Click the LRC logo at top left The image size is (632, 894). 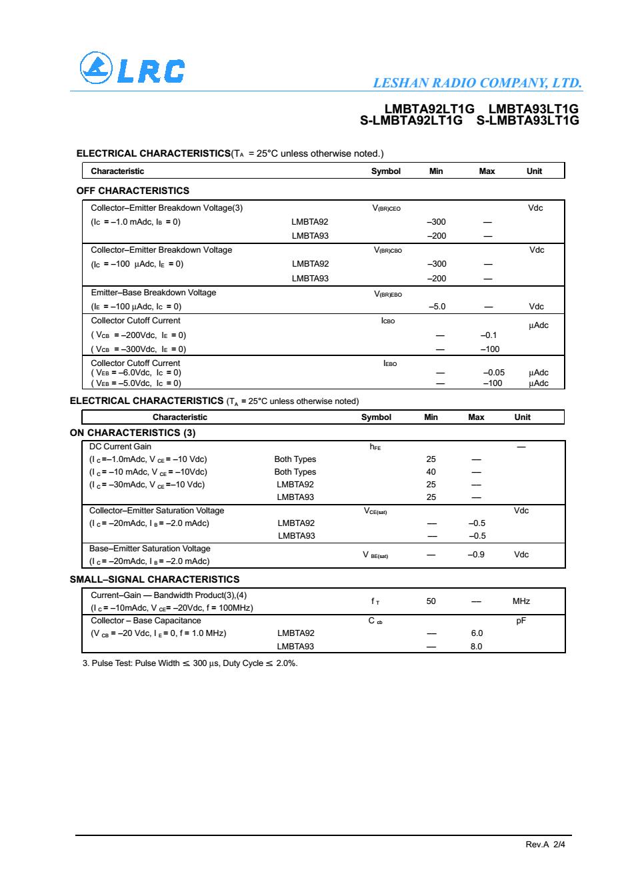(x=132, y=69)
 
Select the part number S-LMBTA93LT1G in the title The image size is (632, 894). (x=528, y=121)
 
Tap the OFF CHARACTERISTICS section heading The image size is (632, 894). (x=133, y=191)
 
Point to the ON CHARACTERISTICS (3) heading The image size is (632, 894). (x=133, y=433)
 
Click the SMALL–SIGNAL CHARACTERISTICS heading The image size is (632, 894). (x=155, y=579)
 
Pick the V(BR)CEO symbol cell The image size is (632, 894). (x=387, y=208)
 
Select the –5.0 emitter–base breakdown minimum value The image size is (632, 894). (x=437, y=307)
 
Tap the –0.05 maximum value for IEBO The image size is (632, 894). (x=493, y=373)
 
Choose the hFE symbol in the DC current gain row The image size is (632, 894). (x=375, y=447)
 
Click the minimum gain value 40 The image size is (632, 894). (x=431, y=472)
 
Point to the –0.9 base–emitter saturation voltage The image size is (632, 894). (x=476, y=555)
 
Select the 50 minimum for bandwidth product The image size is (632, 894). (x=431, y=601)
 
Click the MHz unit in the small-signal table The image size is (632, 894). (x=521, y=601)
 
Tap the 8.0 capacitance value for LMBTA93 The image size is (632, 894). (x=477, y=646)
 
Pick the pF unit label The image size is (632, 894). (x=522, y=621)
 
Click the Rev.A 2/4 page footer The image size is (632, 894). (x=545, y=844)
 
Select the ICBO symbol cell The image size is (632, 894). (x=388, y=321)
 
